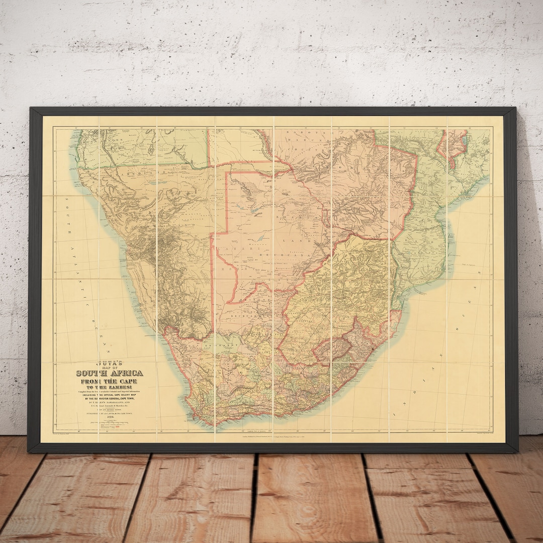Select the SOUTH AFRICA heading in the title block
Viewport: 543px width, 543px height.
[109, 373]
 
